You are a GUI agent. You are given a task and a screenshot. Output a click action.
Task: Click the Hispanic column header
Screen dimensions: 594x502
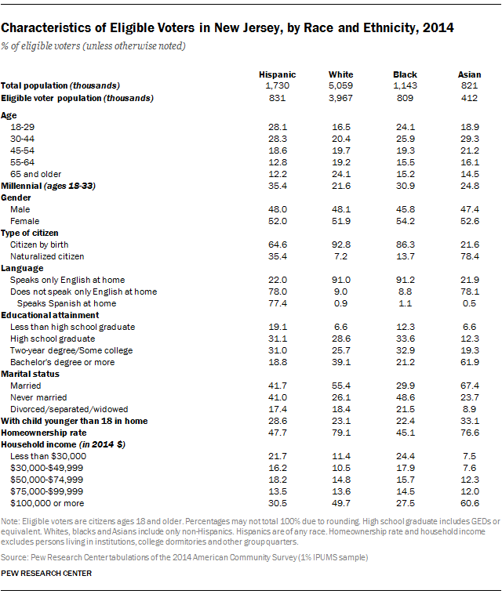(x=277, y=74)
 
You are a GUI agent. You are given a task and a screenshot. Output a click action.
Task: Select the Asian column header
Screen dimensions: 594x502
(x=469, y=74)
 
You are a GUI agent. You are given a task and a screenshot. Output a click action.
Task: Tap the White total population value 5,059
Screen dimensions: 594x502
(x=341, y=85)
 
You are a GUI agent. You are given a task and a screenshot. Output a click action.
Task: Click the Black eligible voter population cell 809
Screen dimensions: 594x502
(x=406, y=98)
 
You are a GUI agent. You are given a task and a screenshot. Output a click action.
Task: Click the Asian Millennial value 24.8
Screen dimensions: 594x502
(x=469, y=185)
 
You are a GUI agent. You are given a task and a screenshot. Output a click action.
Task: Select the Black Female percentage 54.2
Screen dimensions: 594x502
(x=406, y=222)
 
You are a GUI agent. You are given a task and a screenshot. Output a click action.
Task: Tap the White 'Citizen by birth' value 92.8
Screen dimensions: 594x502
(x=341, y=244)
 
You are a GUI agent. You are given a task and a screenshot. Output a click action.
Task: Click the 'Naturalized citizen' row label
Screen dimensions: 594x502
(x=48, y=256)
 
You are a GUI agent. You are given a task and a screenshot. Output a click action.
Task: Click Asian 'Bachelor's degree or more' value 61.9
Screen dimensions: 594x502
(x=469, y=363)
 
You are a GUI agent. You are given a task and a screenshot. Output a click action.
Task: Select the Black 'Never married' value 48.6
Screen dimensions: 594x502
(x=406, y=397)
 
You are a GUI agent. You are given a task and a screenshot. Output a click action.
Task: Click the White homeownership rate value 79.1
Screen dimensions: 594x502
(x=341, y=432)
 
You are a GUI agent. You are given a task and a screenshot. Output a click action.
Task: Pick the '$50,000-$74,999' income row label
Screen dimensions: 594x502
(x=45, y=479)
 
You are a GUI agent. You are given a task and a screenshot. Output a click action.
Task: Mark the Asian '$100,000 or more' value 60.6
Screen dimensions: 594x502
(x=469, y=502)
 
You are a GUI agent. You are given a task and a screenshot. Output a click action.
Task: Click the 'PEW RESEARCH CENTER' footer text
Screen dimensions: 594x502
(x=46, y=574)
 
